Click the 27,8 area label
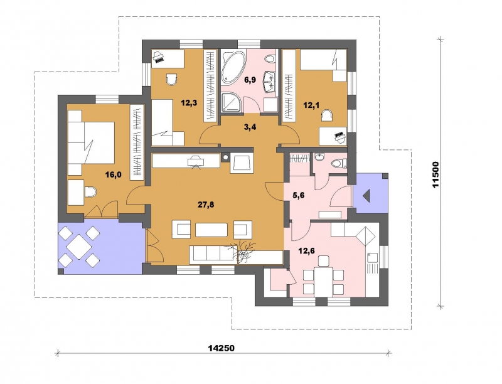206,205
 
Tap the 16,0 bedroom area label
114,174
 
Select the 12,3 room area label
189,103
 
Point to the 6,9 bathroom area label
250,80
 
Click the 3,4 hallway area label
250,127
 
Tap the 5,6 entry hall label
298,195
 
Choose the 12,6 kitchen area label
306,250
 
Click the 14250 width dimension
222,348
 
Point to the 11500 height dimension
435,174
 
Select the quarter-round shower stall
230,102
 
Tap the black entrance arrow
366,195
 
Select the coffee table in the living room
211,230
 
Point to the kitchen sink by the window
372,259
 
